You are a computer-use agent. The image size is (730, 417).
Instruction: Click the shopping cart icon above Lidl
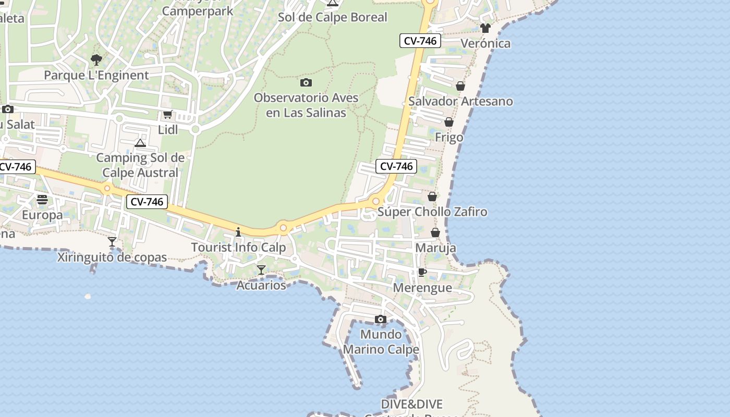tap(167, 115)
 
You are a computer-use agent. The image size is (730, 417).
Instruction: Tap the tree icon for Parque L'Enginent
tap(96, 59)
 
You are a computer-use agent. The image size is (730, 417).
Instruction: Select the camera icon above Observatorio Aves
tap(306, 82)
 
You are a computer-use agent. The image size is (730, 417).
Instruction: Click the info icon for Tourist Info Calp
tap(238, 232)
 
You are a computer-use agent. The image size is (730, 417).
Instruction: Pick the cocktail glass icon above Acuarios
tap(261, 270)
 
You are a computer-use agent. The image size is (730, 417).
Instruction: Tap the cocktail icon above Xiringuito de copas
tap(112, 242)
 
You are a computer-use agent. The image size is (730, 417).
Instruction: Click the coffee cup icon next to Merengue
tap(422, 273)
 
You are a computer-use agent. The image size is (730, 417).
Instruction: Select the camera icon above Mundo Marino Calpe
tap(381, 319)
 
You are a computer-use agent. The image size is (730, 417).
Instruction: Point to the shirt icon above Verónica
tap(485, 28)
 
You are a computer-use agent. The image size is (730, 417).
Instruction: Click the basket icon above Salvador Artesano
tap(460, 86)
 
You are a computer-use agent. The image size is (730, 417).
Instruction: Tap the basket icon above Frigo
tap(449, 122)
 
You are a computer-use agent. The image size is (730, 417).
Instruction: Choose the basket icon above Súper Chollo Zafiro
tap(432, 197)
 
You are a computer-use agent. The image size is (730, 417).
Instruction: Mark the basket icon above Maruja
tap(435, 232)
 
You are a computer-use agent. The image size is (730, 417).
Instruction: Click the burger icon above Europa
tap(42, 200)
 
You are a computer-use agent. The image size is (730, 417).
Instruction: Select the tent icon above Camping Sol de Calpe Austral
tap(140, 143)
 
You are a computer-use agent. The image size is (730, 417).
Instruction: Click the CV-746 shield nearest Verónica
tap(420, 41)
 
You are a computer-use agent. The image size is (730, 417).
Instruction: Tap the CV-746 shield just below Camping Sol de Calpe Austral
tap(147, 202)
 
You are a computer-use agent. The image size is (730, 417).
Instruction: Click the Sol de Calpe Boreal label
tap(333, 17)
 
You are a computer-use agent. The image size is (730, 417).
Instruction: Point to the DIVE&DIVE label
tap(412, 404)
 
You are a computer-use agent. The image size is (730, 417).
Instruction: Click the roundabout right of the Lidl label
tap(196, 129)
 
